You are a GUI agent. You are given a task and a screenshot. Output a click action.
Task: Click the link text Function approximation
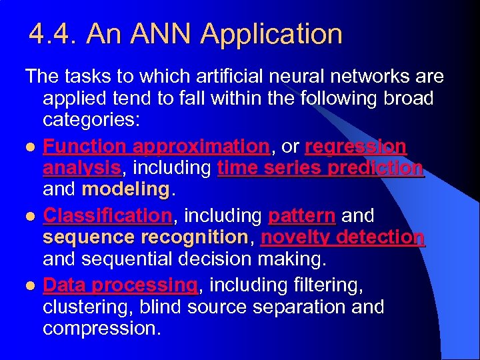click(155, 146)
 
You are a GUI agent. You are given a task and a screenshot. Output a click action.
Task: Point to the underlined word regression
click(355, 146)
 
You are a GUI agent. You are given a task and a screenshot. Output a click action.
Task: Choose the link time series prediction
click(320, 169)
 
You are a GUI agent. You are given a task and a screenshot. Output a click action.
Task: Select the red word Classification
click(107, 215)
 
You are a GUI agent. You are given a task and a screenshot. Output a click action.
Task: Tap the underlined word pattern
click(301, 215)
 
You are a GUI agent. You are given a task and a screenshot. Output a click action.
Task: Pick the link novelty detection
click(343, 237)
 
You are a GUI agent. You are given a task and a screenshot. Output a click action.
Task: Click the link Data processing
click(120, 285)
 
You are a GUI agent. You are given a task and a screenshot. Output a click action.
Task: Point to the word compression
click(101, 329)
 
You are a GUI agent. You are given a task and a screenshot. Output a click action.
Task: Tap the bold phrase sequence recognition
click(145, 237)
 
